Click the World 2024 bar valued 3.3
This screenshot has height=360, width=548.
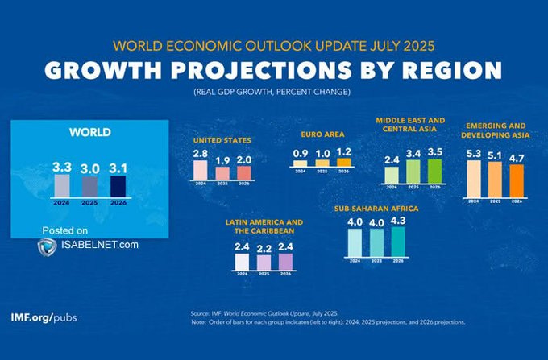point(61,184)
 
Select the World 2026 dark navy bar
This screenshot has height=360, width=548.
point(118,186)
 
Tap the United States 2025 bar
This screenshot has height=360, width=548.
point(222,172)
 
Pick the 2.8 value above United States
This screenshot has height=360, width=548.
point(201,153)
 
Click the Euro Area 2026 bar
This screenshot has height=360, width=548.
point(344,162)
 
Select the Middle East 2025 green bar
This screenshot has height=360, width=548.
point(413,172)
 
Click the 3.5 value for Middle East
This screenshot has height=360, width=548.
point(435,151)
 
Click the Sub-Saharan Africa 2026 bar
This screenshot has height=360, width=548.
point(398,240)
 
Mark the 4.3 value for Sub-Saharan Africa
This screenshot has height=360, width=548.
point(398,219)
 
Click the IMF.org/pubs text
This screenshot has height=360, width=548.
point(44,317)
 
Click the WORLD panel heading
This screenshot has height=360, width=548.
point(89,132)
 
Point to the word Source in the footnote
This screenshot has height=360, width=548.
point(201,312)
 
